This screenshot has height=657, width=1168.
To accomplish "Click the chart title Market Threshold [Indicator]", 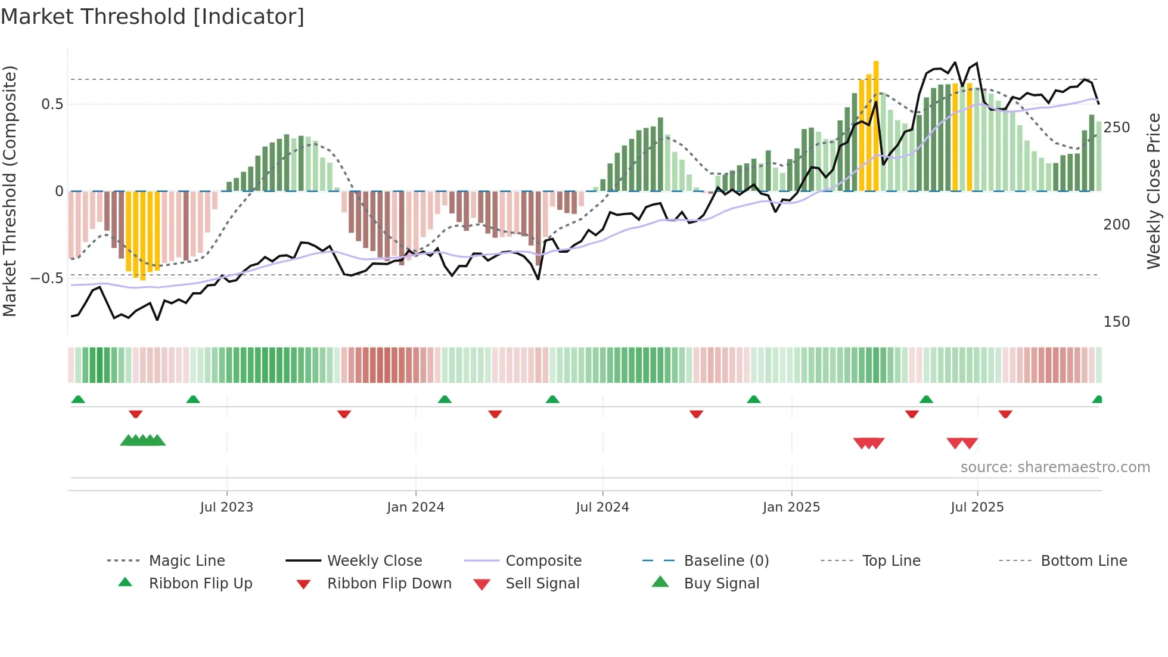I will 153,17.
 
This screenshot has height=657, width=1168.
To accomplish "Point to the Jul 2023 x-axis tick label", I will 226,507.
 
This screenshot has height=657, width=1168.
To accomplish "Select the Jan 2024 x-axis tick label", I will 415,507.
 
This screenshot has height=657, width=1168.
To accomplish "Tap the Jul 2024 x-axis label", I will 602,507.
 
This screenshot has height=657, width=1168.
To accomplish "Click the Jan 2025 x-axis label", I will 791,507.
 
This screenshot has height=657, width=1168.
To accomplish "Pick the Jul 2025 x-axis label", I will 977,507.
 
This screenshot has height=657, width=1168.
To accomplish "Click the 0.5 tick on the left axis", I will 52,104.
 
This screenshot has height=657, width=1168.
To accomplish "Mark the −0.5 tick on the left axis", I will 47,278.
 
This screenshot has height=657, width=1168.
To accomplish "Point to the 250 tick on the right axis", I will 1116,128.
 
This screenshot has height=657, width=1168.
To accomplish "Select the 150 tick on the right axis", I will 1116,322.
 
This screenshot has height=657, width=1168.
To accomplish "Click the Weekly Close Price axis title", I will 1154,191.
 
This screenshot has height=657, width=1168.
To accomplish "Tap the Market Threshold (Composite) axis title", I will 10,191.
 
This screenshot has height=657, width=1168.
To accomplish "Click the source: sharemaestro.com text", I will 1055,467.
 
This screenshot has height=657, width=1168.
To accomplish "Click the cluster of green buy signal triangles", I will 142,441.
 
